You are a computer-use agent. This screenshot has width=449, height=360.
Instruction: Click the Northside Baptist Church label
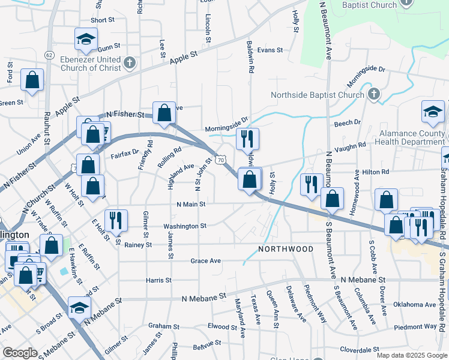tap(317, 95)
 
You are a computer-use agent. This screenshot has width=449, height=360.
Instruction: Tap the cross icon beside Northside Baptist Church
tap(373, 94)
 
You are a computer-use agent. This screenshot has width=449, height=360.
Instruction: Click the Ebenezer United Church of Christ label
tap(90, 64)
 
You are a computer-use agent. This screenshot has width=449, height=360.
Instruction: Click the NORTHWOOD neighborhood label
tap(286, 248)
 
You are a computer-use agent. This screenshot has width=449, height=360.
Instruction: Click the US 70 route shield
tap(221, 160)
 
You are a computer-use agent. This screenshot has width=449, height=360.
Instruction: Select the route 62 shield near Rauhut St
tap(49, 55)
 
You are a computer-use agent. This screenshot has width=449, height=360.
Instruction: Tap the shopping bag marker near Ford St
tap(32, 80)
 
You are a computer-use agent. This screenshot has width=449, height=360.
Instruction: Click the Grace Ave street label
tap(206, 261)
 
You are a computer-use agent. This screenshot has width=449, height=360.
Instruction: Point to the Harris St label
tap(158, 280)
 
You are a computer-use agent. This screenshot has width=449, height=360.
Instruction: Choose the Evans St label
tap(270, 50)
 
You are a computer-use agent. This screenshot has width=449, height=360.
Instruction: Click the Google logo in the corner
tap(20, 352)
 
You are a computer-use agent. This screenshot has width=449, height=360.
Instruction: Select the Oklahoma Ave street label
tap(414, 305)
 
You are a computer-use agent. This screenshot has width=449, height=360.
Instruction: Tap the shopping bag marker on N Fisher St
tap(164, 113)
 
